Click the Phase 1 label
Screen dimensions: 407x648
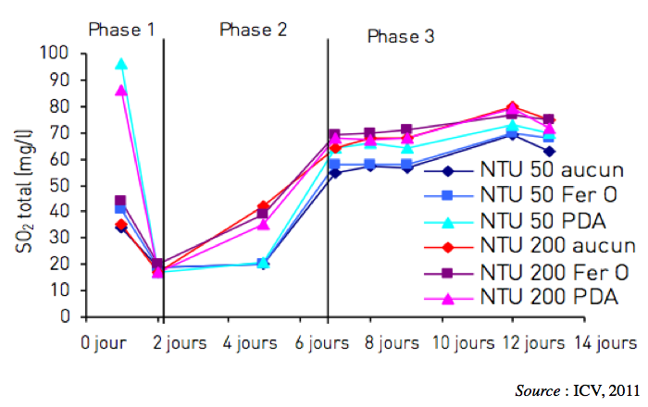click(x=121, y=29)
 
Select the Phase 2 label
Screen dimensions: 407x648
click(x=253, y=29)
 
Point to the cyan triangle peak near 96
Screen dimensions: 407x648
click(x=121, y=65)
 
